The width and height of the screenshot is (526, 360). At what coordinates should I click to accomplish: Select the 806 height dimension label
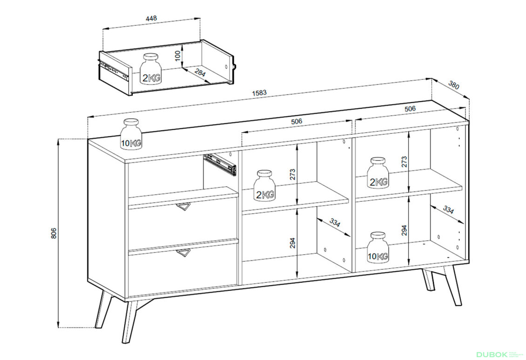pos(54,233)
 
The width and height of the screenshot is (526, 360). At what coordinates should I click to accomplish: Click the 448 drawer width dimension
pos(151,18)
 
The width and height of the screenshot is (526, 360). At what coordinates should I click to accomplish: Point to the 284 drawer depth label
pos(200,73)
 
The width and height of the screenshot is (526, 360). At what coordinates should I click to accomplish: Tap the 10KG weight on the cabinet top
pos(131,134)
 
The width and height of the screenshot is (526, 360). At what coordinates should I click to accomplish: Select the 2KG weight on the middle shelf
pos(265,185)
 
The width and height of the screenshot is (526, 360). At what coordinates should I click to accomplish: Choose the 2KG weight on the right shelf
pos(378,173)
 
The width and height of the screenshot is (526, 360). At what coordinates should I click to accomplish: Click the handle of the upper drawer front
pos(183,208)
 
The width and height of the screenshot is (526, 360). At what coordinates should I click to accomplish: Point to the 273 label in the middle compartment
pos(292,175)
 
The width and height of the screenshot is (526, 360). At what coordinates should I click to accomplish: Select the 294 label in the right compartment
pos(404,230)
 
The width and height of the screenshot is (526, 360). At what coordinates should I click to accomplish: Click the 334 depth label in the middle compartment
pos(335,223)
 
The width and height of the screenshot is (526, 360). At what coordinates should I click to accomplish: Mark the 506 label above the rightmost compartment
pos(410,109)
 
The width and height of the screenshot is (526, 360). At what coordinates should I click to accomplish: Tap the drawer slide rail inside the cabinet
pos(220,164)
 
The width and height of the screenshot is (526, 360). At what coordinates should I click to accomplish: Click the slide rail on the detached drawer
pos(115,70)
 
